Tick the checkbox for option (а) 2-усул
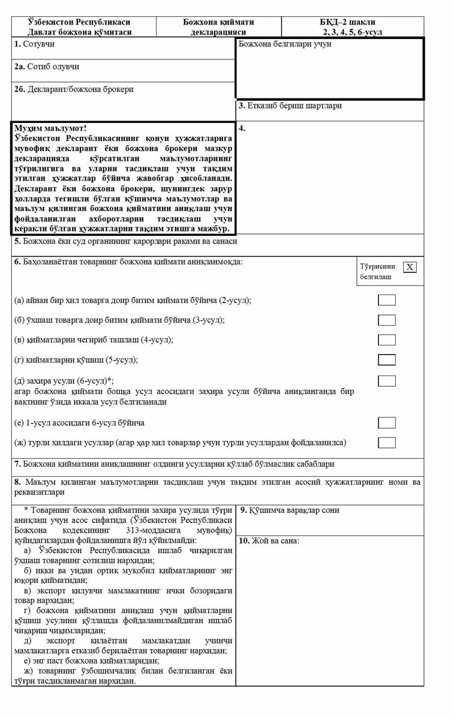(x=386, y=300)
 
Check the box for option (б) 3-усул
(x=386, y=320)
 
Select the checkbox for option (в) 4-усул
(x=386, y=340)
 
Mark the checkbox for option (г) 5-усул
(x=386, y=360)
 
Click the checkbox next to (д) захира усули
(x=386, y=380)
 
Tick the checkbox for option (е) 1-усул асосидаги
(x=386, y=423)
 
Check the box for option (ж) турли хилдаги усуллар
(x=386, y=443)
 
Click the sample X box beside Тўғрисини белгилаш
(x=410, y=267)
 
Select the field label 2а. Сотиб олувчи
(x=46, y=67)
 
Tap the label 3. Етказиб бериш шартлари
(x=290, y=106)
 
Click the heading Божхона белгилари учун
(x=285, y=44)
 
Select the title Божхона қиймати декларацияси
(x=218, y=27)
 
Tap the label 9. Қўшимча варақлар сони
(x=289, y=510)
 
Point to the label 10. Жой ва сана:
(x=269, y=540)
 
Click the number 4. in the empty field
(x=242, y=128)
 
